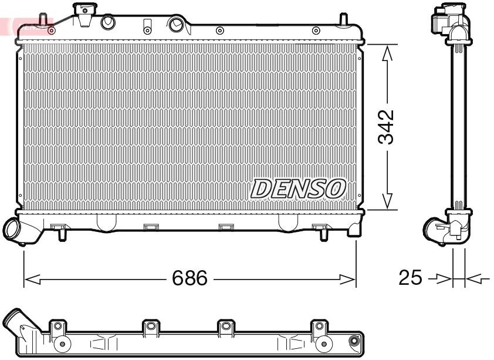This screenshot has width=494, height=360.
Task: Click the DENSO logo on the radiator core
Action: pos(298,189)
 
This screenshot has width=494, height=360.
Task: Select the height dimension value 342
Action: pos(386,127)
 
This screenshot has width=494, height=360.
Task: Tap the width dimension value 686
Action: pos(190,278)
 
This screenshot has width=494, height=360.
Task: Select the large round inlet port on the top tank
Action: pos(175,24)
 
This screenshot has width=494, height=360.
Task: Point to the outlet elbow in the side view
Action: pos(437,229)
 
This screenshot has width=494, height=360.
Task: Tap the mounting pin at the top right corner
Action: pos(342,19)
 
